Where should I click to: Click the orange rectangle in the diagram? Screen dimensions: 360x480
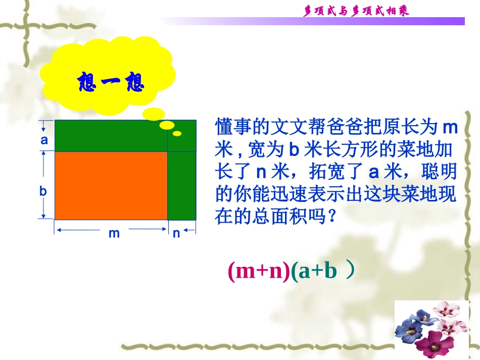point(111,185)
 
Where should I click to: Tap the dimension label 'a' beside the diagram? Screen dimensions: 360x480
point(44,140)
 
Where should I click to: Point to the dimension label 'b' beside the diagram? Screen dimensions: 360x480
point(43,191)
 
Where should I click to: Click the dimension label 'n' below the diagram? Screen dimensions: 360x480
point(176,234)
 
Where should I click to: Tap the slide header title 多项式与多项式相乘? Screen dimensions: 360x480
point(356,11)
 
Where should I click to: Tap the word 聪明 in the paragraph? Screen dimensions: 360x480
point(440,172)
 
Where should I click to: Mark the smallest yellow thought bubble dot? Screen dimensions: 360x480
point(177,134)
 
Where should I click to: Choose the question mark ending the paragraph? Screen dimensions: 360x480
point(332,217)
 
